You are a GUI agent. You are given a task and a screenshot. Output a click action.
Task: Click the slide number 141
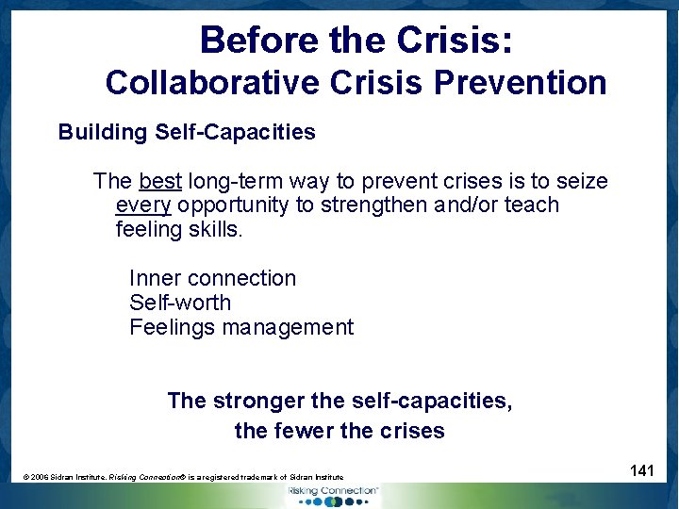coord(641,469)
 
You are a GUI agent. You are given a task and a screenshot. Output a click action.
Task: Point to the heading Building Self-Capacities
coord(187,132)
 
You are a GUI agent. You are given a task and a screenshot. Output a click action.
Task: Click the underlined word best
coord(160,181)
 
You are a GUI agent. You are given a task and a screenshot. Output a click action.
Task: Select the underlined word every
coord(142,205)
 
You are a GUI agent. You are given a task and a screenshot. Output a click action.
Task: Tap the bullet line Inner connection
coord(212,278)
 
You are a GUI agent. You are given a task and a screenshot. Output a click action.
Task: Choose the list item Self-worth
coord(179,303)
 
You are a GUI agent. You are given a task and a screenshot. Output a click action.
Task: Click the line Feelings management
coord(240,327)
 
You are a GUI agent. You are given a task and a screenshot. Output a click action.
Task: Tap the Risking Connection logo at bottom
coord(333,493)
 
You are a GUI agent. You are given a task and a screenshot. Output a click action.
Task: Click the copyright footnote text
coord(183,478)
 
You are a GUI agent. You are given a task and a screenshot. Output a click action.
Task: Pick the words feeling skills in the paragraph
coord(178,229)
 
